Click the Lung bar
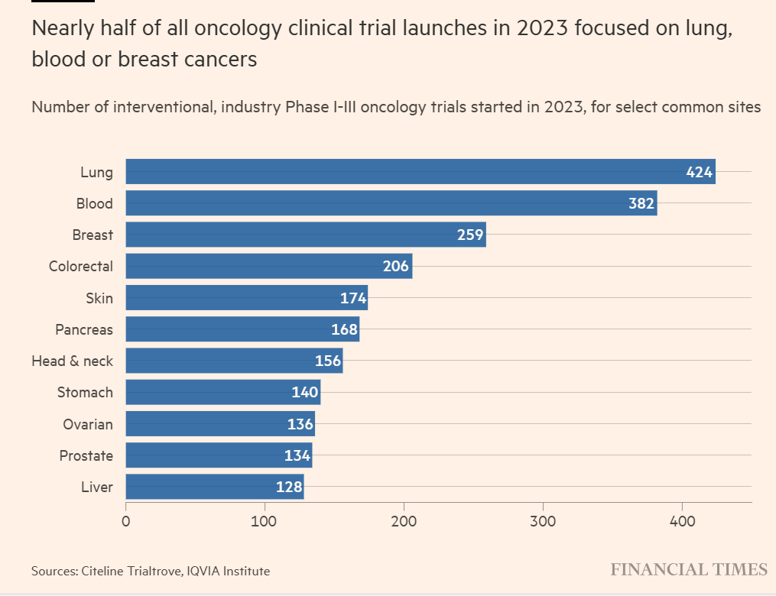pyautogui.click(x=420, y=172)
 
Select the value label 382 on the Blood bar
pyautogui.click(x=641, y=204)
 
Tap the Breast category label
pyautogui.click(x=93, y=235)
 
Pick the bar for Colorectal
pyautogui.click(x=268, y=267)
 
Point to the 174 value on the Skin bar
pyautogui.click(x=353, y=298)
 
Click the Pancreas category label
pyautogui.click(x=84, y=329)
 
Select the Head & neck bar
pyautogui.click(x=234, y=361)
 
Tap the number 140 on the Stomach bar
pyautogui.click(x=305, y=393)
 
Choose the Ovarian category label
pyautogui.click(x=87, y=424)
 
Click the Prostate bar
pyautogui.click(x=219, y=456)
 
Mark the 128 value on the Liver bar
pyautogui.click(x=288, y=487)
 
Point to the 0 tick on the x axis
pyautogui.click(x=125, y=522)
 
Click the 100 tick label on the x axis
pyautogui.click(x=265, y=522)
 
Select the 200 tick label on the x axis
pyautogui.click(x=404, y=522)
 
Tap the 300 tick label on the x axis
pyautogui.click(x=543, y=522)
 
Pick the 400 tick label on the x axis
pyautogui.click(x=682, y=522)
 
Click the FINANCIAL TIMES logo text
pyautogui.click(x=688, y=570)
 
